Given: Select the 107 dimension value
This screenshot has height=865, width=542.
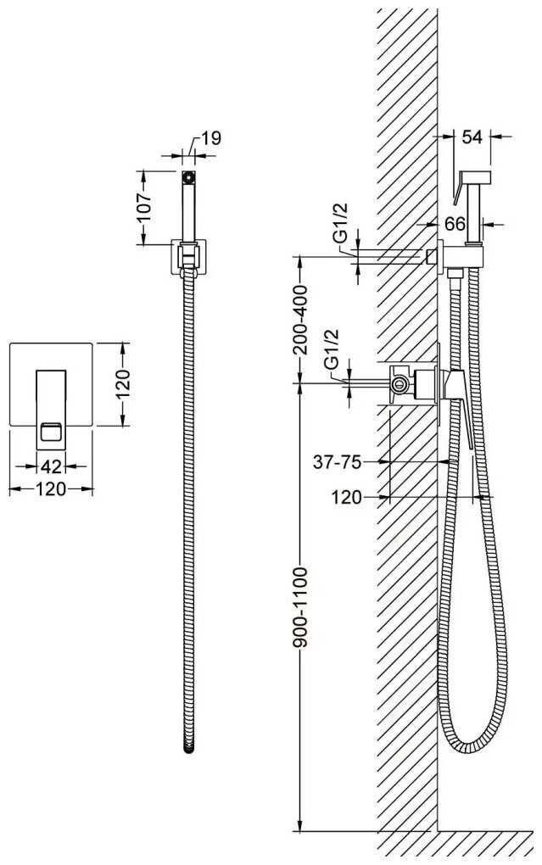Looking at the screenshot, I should point(145,206).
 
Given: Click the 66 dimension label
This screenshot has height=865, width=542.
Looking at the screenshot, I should point(455,225).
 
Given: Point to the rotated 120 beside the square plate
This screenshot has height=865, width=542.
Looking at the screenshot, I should point(124,383).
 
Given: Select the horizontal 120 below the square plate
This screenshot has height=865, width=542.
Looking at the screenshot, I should point(51,489).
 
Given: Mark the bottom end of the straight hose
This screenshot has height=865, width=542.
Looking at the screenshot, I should point(189,747).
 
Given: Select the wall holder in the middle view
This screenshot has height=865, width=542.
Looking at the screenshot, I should point(190,257).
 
